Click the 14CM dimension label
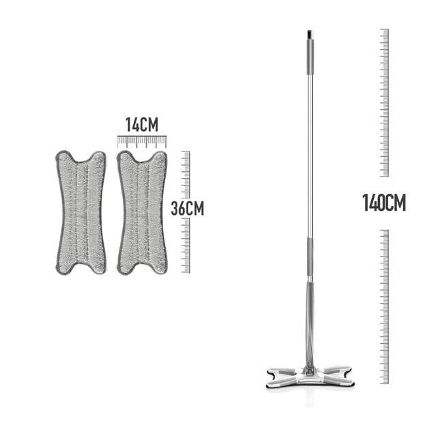click(x=141, y=125)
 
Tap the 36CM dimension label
click(x=187, y=208)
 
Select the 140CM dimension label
click(x=383, y=203)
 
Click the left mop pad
click(x=81, y=212)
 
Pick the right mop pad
click(x=142, y=212)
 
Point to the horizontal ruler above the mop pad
click(x=141, y=141)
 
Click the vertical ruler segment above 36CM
click(x=186, y=173)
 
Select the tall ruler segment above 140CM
click(x=384, y=102)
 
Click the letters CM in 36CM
click(x=195, y=208)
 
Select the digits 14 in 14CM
click(x=132, y=125)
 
